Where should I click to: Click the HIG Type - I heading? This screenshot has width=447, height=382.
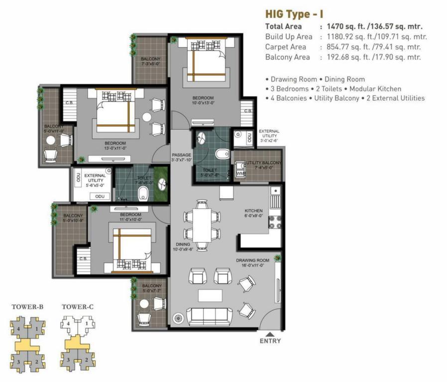click(x=294, y=14)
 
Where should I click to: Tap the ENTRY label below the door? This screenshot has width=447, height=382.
click(x=270, y=341)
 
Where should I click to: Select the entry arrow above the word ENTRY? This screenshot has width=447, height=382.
click(x=270, y=334)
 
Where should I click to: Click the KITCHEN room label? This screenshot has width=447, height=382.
click(x=253, y=211)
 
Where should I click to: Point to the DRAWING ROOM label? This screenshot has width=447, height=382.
click(x=252, y=260)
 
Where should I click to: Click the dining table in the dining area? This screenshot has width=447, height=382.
click(x=202, y=225)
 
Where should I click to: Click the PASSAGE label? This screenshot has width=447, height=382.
click(x=181, y=155)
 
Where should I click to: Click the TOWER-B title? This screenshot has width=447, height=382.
click(x=28, y=307)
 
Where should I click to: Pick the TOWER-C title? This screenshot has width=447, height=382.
click(x=78, y=307)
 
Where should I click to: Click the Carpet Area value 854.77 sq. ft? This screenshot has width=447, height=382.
click(x=346, y=47)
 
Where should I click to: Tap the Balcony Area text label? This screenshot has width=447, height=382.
click(x=287, y=57)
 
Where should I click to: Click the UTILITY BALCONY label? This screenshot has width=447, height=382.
click(x=264, y=163)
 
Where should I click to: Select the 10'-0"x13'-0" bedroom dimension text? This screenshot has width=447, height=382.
click(x=203, y=103)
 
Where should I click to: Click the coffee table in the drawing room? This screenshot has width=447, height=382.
click(x=210, y=295)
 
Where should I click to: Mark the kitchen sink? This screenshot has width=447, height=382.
click(x=276, y=194)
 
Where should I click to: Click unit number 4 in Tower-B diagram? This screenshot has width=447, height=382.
click(x=18, y=329)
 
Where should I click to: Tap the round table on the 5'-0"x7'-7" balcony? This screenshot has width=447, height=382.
click(x=144, y=304)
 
